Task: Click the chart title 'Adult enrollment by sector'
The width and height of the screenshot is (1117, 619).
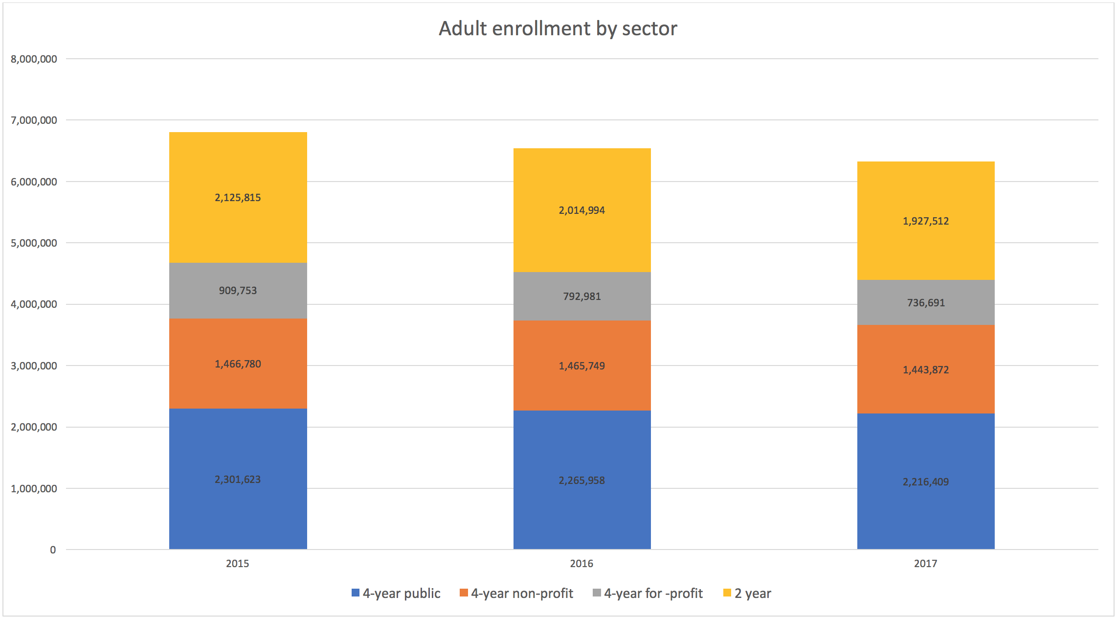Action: pyautogui.click(x=558, y=28)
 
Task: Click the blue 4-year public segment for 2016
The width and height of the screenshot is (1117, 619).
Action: pyautogui.click(x=582, y=514)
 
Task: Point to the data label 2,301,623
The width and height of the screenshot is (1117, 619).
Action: pyautogui.click(x=238, y=480)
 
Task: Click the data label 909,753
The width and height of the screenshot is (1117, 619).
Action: pyautogui.click(x=238, y=291)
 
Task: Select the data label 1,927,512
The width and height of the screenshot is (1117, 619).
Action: pyautogui.click(x=926, y=221)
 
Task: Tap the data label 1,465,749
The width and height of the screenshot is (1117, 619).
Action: pyautogui.click(x=582, y=366)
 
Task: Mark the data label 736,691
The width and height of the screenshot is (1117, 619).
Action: pyautogui.click(x=926, y=303)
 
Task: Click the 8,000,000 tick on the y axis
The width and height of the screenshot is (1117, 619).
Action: pyautogui.click(x=34, y=59)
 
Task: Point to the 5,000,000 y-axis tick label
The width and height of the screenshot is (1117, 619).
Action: pyautogui.click(x=34, y=243)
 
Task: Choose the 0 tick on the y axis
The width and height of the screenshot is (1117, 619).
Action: pyautogui.click(x=53, y=550)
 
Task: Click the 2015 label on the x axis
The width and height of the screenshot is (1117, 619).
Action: pyautogui.click(x=238, y=564)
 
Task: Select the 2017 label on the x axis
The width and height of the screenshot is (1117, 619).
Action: pyautogui.click(x=926, y=564)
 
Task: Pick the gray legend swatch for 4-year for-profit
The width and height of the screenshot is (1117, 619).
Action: pyautogui.click(x=597, y=593)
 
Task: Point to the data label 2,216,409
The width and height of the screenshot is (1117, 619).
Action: pyautogui.click(x=926, y=482)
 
